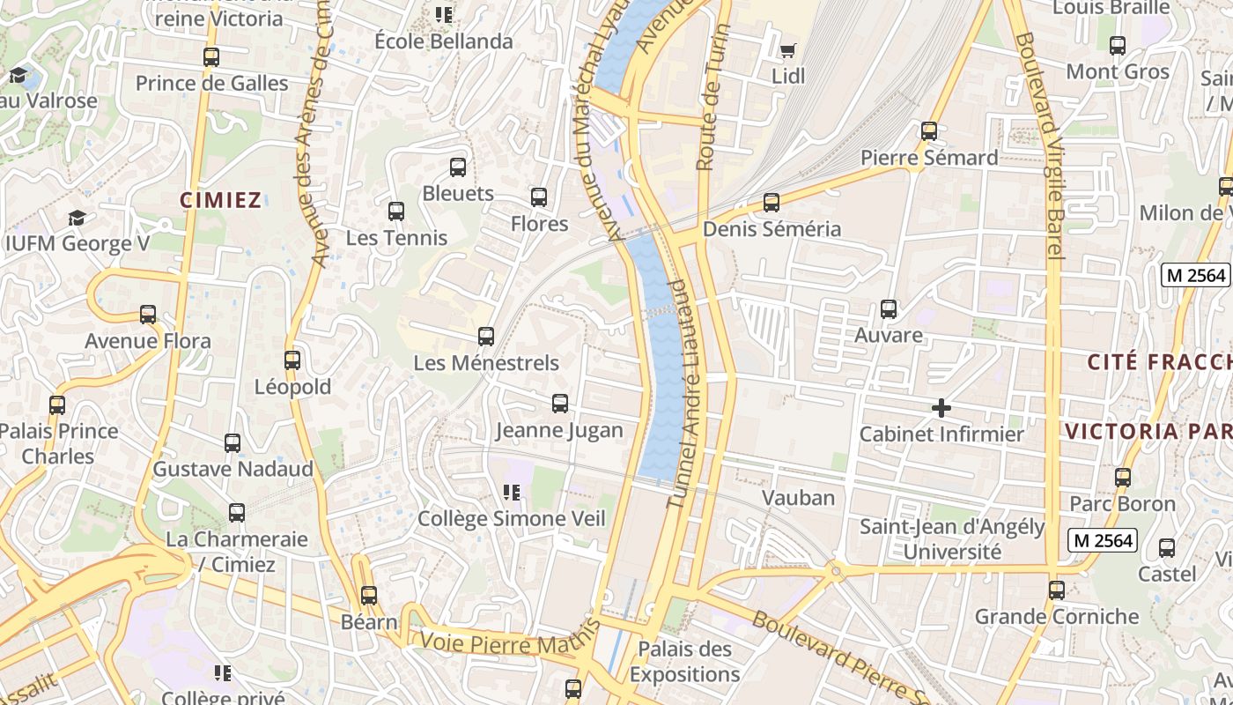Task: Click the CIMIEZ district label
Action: pyautogui.click(x=221, y=200)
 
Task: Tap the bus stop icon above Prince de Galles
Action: pyautogui.click(x=211, y=57)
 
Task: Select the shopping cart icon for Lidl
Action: pyautogui.click(x=787, y=50)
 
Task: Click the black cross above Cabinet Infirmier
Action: pyautogui.click(x=941, y=408)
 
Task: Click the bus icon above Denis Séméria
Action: pyautogui.click(x=772, y=203)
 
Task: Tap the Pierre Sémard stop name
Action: pyautogui.click(x=929, y=158)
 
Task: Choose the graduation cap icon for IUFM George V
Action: pyautogui.click(x=78, y=218)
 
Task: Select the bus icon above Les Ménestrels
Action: pyautogui.click(x=485, y=336)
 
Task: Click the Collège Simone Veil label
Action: pyautogui.click(x=512, y=518)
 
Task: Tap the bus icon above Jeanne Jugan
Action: pyautogui.click(x=559, y=404)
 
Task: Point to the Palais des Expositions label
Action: pyautogui.click(x=684, y=662)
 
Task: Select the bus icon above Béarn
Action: pyautogui.click(x=369, y=596)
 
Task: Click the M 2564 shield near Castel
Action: pyautogui.click(x=1102, y=540)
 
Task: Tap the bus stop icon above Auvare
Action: pyautogui.click(x=889, y=309)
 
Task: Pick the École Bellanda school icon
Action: pyautogui.click(x=444, y=15)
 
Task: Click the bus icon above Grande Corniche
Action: pyautogui.click(x=1057, y=590)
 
